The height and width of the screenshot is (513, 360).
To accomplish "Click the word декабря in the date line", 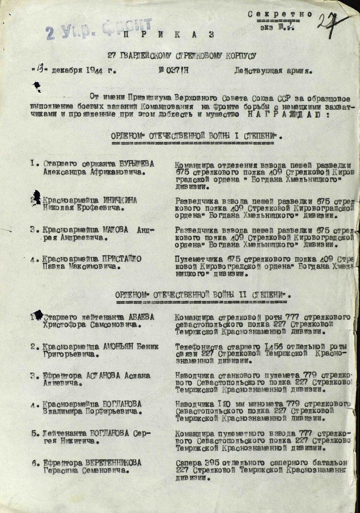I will coord(68,71).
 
